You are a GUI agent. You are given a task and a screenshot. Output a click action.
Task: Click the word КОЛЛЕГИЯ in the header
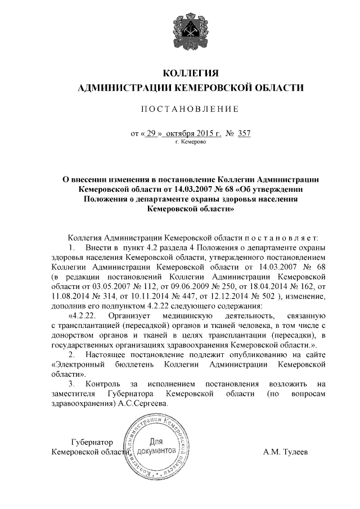pos(190,74)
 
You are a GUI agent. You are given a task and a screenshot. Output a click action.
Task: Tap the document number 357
pos(244,134)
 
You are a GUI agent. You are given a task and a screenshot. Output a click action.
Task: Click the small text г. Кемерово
pos(191,143)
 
